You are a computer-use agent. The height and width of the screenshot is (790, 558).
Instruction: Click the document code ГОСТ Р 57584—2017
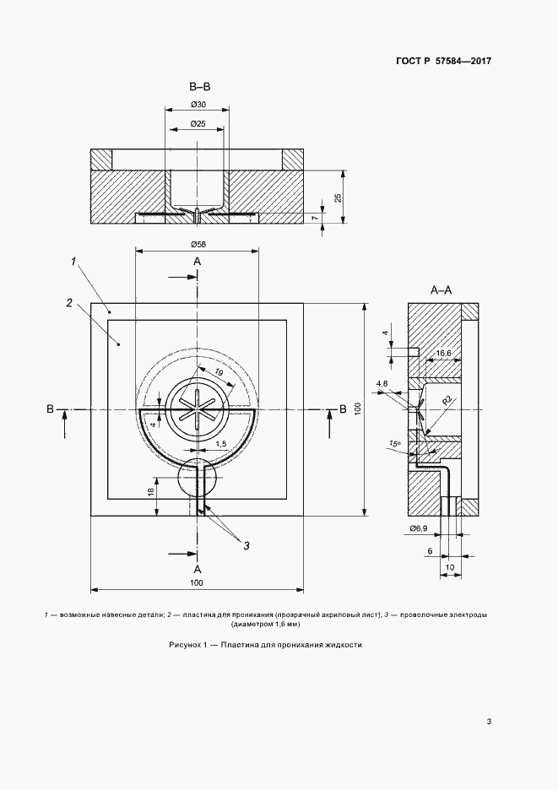point(443,61)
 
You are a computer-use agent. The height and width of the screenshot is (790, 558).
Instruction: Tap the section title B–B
point(199,87)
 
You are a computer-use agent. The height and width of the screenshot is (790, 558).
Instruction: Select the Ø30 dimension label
point(198,105)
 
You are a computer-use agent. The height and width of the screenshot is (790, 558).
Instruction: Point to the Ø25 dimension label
point(198,124)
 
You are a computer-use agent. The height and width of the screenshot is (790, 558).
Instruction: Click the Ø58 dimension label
point(198,245)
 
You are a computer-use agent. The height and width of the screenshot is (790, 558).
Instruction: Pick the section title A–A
point(441,289)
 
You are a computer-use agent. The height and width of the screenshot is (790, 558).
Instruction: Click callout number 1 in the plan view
point(73,261)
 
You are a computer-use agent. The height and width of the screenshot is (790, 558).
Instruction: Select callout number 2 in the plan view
point(69,302)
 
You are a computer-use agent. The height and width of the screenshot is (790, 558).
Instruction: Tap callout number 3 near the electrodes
point(246,545)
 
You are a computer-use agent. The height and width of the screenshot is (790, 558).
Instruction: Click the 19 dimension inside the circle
point(219,373)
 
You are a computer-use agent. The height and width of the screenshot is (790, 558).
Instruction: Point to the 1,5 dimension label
point(221,444)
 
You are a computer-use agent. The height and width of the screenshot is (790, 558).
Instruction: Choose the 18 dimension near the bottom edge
point(151,492)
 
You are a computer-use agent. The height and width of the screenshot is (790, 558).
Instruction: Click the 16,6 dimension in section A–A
point(443,354)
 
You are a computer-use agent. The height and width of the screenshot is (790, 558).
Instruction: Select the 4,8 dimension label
point(382,383)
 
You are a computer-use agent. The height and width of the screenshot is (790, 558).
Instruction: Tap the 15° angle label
point(394,443)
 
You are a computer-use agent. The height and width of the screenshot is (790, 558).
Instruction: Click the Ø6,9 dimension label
point(419,528)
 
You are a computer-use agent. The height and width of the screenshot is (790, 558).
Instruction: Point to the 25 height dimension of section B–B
point(339,197)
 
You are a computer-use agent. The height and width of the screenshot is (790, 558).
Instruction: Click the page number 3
point(489,722)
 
